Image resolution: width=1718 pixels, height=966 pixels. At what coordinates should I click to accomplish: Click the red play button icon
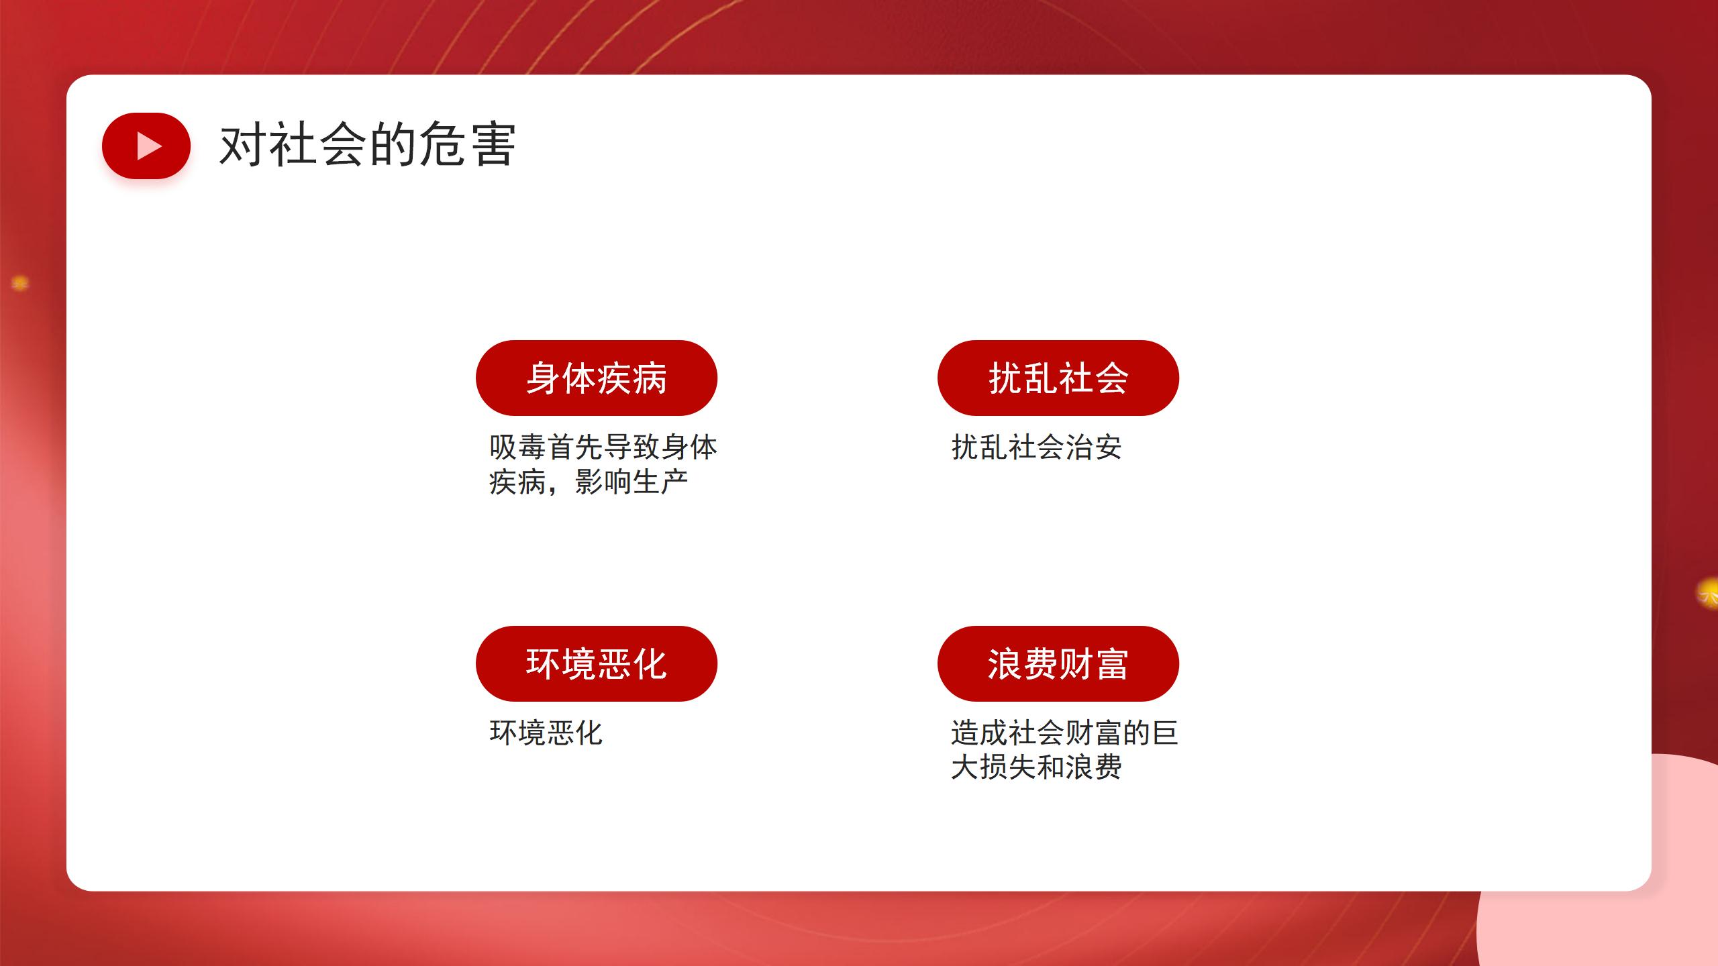[x=146, y=146]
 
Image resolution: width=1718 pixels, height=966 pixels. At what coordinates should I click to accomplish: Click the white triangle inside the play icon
[x=149, y=146]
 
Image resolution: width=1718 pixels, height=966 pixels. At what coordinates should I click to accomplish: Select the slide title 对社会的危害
[x=368, y=144]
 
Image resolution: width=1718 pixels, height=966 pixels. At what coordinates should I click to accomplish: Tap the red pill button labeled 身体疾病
[x=597, y=378]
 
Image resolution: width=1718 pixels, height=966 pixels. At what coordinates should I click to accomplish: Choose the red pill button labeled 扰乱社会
[x=1058, y=378]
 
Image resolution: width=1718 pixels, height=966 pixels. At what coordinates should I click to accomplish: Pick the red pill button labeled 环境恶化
[x=597, y=663]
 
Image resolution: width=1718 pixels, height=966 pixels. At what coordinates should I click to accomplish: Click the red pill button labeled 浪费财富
[x=1058, y=663]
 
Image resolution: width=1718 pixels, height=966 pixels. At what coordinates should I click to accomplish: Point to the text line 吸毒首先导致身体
[x=603, y=447]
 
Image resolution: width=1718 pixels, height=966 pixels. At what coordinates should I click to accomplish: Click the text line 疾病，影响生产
[x=589, y=482]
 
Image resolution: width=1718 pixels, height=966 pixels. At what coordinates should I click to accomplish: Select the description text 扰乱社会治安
[x=1036, y=447]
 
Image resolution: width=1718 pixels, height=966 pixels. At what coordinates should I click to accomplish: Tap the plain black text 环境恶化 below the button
[x=546, y=733]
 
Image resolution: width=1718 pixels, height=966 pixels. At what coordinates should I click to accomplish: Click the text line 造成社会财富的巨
[x=1064, y=733]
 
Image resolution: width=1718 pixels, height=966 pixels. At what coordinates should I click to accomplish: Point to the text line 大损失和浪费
[x=1036, y=767]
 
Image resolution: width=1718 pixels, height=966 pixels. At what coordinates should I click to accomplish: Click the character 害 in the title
[x=493, y=144]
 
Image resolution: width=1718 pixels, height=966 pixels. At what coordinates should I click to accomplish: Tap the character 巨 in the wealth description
[x=1165, y=733]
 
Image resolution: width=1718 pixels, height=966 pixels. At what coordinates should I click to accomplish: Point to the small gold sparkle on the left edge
[x=20, y=284]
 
